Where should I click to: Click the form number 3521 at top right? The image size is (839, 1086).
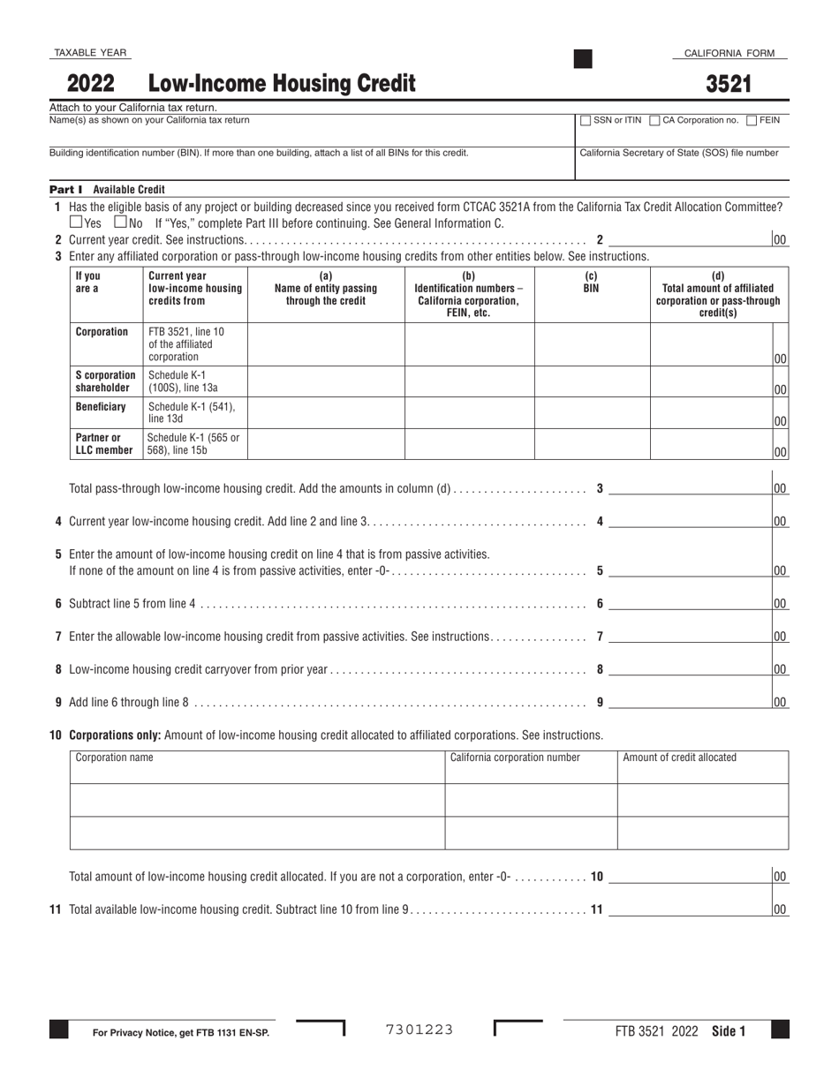[729, 84]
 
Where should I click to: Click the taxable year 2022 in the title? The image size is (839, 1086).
[91, 84]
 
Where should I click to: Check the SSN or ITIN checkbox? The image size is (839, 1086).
[586, 121]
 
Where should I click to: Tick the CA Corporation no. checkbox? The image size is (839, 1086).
[654, 121]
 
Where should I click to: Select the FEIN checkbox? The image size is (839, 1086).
[752, 121]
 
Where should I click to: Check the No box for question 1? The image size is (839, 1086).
[121, 223]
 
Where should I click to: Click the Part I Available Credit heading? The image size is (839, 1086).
[107, 189]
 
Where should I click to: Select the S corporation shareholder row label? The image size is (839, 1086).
[105, 381]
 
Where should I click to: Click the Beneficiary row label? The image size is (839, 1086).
[101, 407]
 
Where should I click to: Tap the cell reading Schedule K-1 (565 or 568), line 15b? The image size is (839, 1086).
[193, 444]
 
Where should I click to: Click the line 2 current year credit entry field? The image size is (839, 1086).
[689, 239]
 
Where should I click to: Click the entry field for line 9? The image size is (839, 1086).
[689, 703]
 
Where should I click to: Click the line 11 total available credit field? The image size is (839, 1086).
[689, 909]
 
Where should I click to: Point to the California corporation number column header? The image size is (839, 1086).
[515, 758]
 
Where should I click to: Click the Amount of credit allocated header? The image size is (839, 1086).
[680, 758]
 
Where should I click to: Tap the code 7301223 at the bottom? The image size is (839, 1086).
[419, 1029]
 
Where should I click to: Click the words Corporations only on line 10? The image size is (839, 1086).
[115, 735]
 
